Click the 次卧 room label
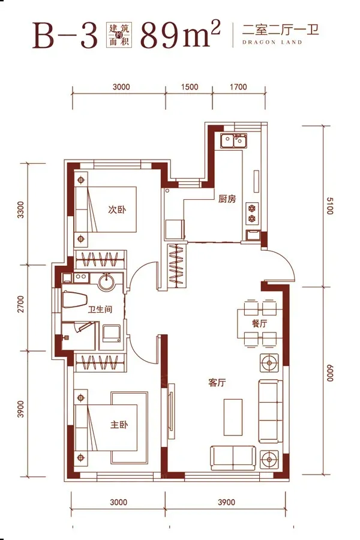point(117,209)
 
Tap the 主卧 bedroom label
point(119,424)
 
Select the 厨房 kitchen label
point(227,199)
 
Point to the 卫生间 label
point(100,309)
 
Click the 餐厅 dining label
point(259,323)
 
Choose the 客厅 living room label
point(217,383)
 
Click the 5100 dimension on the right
point(329,206)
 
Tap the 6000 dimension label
point(329,372)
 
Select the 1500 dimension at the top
point(190,87)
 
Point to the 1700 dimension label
point(238,87)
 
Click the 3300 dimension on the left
point(21,210)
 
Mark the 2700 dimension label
point(21,304)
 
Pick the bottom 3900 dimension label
point(226,502)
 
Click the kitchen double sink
point(234,140)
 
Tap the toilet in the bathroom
point(74,300)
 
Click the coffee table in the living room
point(233,417)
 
